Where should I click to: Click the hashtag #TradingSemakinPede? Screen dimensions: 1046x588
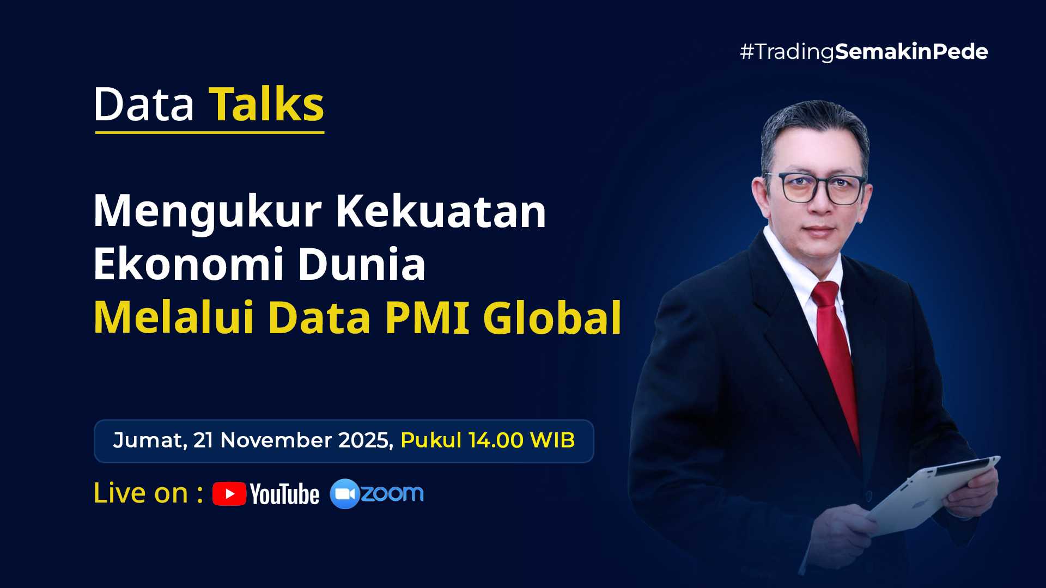pyautogui.click(x=863, y=52)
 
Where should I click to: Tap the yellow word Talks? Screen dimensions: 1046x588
pyautogui.click(x=266, y=104)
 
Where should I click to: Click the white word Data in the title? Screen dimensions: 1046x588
pyautogui.click(x=144, y=104)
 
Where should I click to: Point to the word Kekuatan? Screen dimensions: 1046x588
pyautogui.click(x=441, y=211)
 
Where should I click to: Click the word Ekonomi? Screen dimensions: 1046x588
pyautogui.click(x=188, y=264)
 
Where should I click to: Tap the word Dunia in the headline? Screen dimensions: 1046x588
pyautogui.click(x=361, y=264)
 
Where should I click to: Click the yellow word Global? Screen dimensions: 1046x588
pyautogui.click(x=552, y=317)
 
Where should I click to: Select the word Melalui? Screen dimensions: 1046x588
pyautogui.click(x=174, y=317)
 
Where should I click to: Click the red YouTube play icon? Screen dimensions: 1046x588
pyautogui.click(x=229, y=494)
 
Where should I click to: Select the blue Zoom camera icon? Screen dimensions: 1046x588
pyautogui.click(x=344, y=494)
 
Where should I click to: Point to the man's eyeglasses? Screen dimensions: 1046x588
pyautogui.click(x=814, y=187)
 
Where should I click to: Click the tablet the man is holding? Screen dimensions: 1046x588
pyautogui.click(x=935, y=493)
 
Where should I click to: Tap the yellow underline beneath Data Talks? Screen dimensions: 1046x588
pyautogui.click(x=210, y=132)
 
